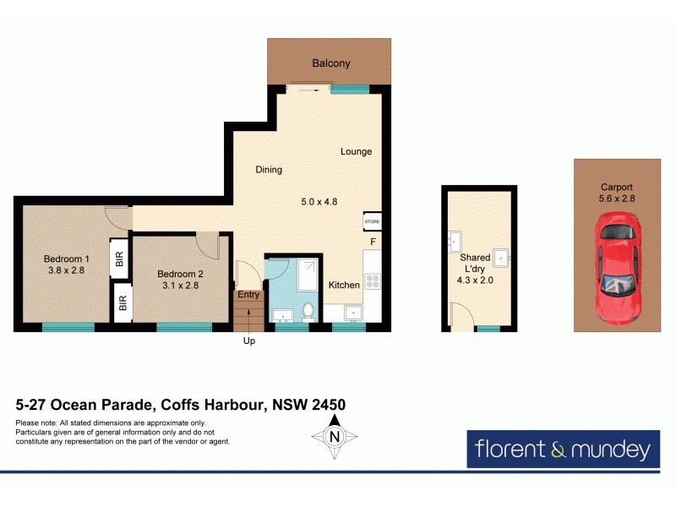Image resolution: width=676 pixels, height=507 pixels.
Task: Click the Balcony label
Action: pyautogui.click(x=330, y=63)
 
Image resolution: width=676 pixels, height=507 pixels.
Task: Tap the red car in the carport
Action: pyautogui.click(x=618, y=265)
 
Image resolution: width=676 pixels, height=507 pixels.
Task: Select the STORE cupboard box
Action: pyautogui.click(x=372, y=221)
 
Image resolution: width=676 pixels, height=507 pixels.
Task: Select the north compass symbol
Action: pyautogui.click(x=335, y=438)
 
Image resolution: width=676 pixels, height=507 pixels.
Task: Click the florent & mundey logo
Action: pyautogui.click(x=561, y=449)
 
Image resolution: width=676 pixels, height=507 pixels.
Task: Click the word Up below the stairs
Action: pyautogui.click(x=248, y=341)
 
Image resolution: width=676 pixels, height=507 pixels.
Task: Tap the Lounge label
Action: pyautogui.click(x=356, y=152)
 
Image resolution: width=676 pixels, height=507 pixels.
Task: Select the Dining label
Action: pyautogui.click(x=269, y=170)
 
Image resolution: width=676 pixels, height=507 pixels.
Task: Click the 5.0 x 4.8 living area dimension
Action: pyautogui.click(x=319, y=202)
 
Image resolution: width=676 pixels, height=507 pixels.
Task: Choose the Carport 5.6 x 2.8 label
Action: pyautogui.click(x=617, y=194)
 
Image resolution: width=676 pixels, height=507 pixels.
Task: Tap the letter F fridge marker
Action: pyautogui.click(x=372, y=243)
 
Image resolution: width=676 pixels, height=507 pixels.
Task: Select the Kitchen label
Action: pyautogui.click(x=344, y=285)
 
